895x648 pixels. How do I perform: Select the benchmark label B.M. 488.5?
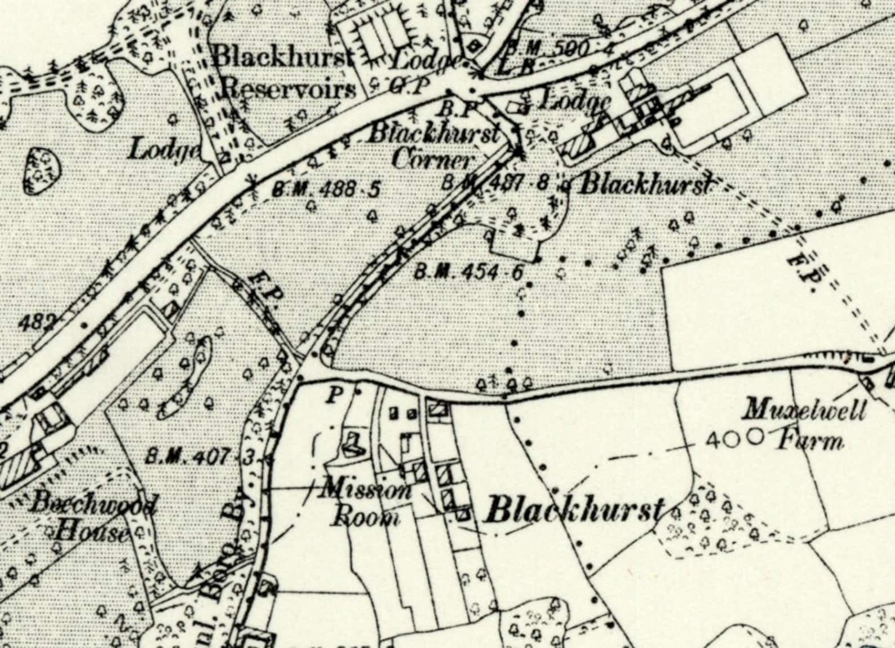tap(326, 189)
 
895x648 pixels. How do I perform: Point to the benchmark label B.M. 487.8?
tap(495, 183)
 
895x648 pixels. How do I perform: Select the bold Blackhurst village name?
tap(574, 511)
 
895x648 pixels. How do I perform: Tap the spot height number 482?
tap(37, 323)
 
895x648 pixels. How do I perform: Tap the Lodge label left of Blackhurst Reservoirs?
tap(165, 150)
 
